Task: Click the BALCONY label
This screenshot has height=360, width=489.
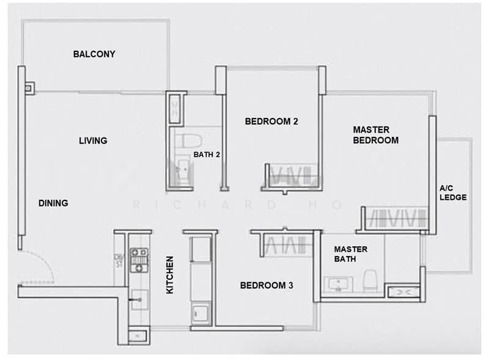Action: [x=94, y=54]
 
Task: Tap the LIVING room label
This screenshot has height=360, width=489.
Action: [x=93, y=141]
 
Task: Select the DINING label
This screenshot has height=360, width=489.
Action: [x=53, y=203]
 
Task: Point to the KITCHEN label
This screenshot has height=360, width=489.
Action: [x=171, y=275]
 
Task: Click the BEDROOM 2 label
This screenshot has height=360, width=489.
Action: [x=271, y=121]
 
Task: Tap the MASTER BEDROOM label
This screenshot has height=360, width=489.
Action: [x=376, y=134]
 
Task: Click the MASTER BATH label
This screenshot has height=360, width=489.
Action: [x=351, y=254]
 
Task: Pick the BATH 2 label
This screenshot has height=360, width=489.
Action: [x=207, y=155]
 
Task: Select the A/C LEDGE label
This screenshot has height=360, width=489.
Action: [x=453, y=193]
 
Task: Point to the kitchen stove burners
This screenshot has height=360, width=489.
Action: [x=141, y=260]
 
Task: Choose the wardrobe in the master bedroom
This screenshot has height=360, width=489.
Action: [x=395, y=218]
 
